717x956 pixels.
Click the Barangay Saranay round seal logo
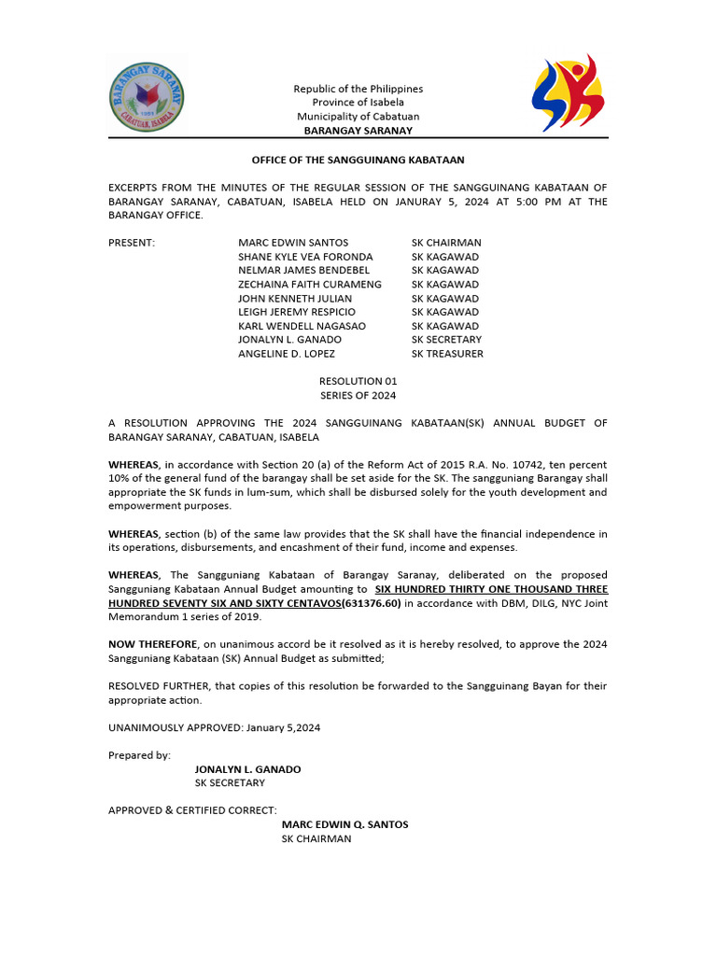pyautogui.click(x=147, y=96)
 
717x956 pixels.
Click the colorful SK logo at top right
pyautogui.click(x=568, y=94)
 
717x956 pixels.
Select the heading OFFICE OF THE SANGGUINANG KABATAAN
pyautogui.click(x=358, y=161)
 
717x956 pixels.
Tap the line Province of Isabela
pyautogui.click(x=358, y=103)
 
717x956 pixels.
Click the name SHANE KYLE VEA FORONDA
pyautogui.click(x=305, y=257)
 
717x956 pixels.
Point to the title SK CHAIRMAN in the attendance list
pyautogui.click(x=446, y=243)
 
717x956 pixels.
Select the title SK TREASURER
pyautogui.click(x=447, y=354)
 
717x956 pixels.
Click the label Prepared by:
pyautogui.click(x=139, y=754)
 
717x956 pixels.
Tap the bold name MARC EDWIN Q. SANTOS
pyautogui.click(x=344, y=824)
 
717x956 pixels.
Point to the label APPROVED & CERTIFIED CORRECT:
pyautogui.click(x=192, y=810)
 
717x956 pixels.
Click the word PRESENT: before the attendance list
pyautogui.click(x=132, y=243)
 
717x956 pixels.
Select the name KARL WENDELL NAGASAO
pyautogui.click(x=302, y=326)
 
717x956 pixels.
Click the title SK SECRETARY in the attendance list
pyautogui.click(x=446, y=340)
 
